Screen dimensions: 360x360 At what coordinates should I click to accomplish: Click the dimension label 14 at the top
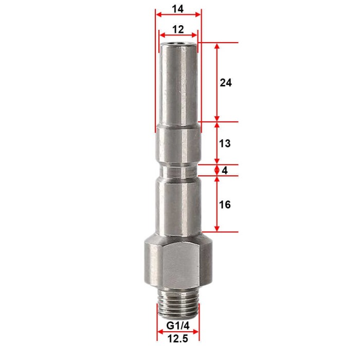178,9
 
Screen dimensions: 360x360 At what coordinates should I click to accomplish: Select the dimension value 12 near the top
178,30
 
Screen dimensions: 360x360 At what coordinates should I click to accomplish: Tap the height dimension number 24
226,82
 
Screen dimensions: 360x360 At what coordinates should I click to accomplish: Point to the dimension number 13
225,143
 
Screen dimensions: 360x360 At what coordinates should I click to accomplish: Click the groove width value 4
225,170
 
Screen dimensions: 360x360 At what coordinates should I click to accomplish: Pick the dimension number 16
225,205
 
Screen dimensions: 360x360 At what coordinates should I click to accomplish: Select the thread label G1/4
177,326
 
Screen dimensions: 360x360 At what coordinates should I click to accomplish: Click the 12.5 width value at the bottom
177,340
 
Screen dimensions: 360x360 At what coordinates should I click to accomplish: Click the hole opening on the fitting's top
178,45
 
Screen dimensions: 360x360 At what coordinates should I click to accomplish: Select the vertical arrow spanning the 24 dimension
218,82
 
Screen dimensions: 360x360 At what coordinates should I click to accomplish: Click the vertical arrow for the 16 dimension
218,204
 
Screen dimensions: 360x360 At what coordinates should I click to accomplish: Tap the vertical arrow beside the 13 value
218,143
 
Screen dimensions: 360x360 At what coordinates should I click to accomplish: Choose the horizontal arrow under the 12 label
178,35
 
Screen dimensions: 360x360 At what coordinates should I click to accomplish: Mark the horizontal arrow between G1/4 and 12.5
178,332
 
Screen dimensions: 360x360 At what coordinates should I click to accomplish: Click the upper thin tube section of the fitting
178,85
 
